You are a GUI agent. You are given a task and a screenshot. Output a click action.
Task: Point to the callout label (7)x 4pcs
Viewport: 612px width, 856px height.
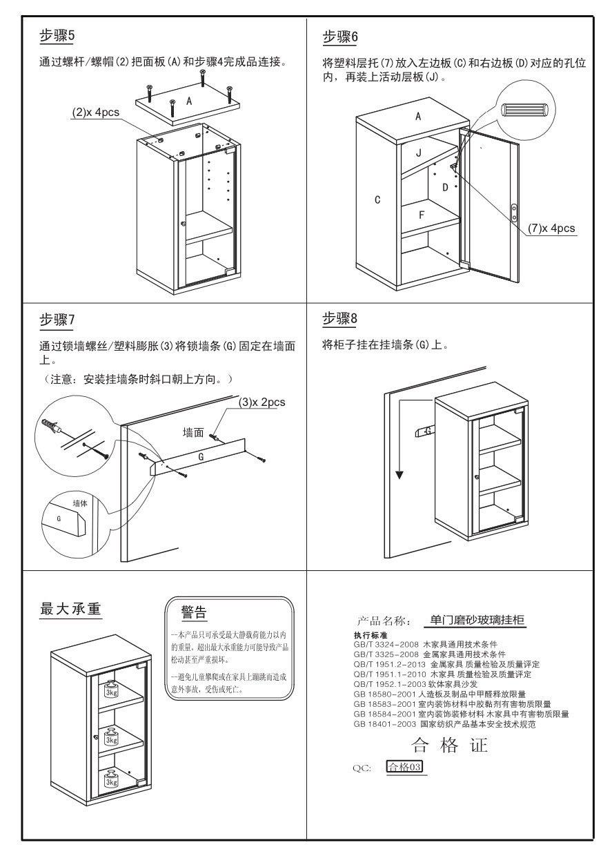(551, 228)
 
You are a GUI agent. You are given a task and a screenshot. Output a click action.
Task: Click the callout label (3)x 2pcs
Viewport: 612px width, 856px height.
(261, 402)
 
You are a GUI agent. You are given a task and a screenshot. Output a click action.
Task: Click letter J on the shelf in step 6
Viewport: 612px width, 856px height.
(418, 153)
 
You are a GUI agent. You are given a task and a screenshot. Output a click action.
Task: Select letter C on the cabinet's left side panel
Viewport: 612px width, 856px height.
(377, 200)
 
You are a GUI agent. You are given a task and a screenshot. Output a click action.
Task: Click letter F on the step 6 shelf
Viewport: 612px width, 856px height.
(422, 215)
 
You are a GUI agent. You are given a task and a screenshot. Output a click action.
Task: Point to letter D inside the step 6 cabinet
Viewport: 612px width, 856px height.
(445, 187)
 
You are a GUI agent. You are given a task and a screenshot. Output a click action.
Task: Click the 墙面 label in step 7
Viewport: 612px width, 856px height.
(193, 432)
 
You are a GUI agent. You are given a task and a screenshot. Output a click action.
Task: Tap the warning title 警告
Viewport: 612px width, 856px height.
(194, 611)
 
